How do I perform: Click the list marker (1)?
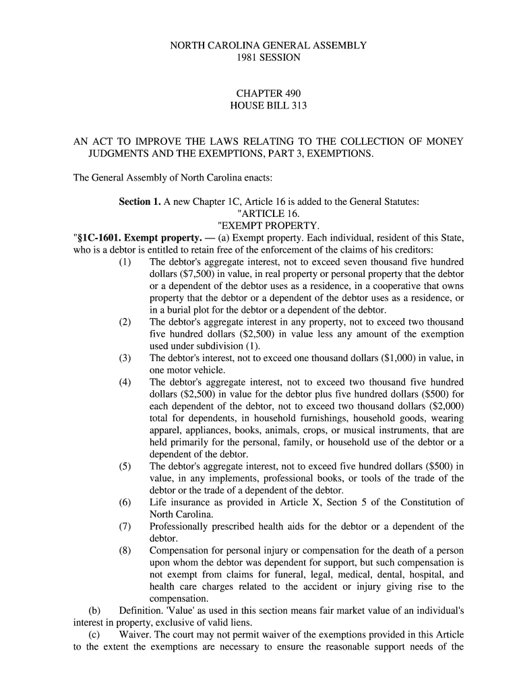[x=125, y=261]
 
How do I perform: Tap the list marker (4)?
[x=125, y=382]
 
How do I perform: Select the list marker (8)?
[x=125, y=550]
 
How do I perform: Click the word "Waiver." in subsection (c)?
[x=137, y=635]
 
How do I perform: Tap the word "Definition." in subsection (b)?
[x=144, y=610]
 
